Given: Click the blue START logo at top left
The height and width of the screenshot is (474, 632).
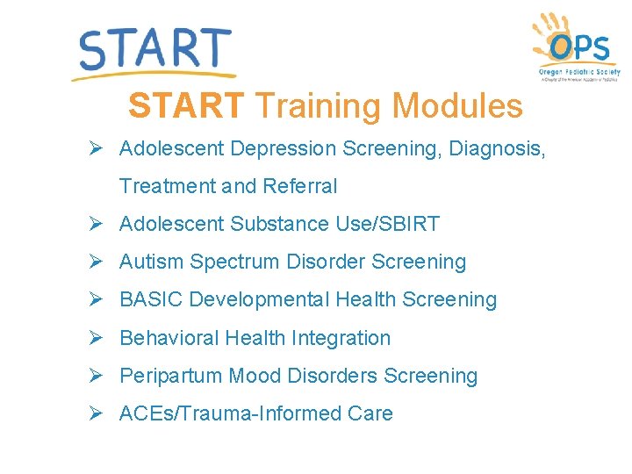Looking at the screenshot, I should pyautogui.click(x=154, y=50).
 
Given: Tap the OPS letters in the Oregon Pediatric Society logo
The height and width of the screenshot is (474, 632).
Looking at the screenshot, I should pyautogui.click(x=581, y=47).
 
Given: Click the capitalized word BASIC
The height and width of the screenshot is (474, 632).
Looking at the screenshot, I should pyautogui.click(x=151, y=300).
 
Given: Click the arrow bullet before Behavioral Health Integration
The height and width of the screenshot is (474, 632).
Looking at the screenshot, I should pyautogui.click(x=97, y=338).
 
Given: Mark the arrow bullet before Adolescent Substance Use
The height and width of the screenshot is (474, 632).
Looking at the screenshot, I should pyautogui.click(x=97, y=224).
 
